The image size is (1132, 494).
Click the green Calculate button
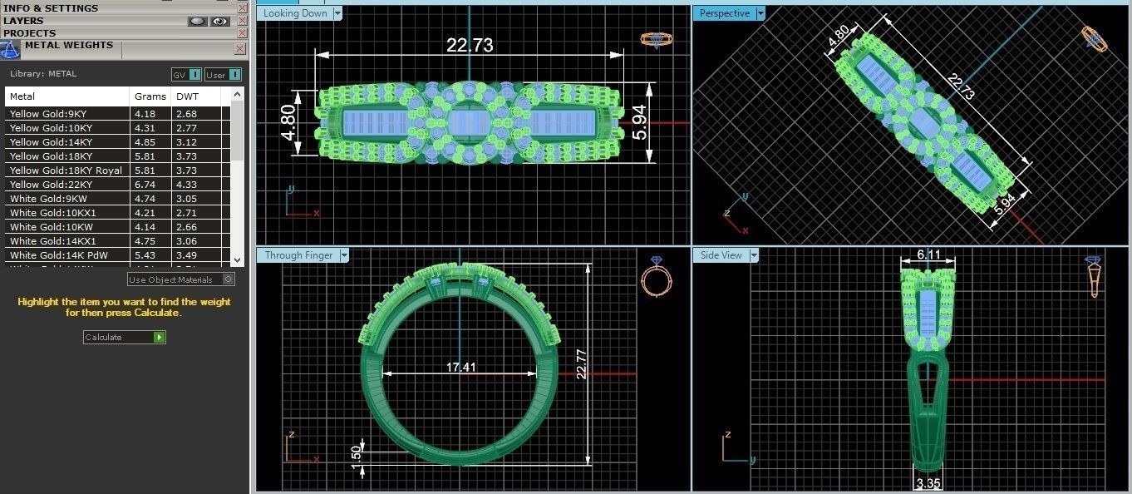point(160,337)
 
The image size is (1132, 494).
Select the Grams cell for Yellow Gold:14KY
point(145,142)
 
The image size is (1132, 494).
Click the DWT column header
point(187,96)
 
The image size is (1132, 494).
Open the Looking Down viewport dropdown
point(337,13)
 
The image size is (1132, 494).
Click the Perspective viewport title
point(724,13)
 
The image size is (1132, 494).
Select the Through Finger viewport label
point(298,255)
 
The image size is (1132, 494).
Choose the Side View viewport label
point(721,255)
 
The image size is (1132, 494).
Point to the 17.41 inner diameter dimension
point(460,367)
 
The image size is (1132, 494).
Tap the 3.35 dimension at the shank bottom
point(928,482)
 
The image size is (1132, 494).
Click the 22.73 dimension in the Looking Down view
point(470,45)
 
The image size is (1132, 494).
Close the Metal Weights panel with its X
point(240,49)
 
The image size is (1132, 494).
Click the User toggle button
point(223,75)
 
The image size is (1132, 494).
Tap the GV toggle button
point(186,75)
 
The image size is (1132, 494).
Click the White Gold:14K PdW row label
point(58,255)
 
